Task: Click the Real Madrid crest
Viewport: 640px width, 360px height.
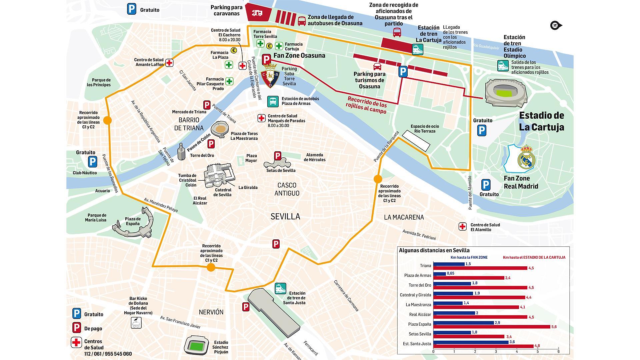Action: (x=526, y=157)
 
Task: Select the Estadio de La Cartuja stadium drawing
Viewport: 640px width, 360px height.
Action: (x=506, y=93)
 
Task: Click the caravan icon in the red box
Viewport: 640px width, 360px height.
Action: (x=257, y=13)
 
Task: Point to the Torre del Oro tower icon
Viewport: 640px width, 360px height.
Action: (x=181, y=152)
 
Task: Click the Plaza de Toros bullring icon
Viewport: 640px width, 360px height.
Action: (x=220, y=129)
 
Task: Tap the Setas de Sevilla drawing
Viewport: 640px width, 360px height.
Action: (x=277, y=164)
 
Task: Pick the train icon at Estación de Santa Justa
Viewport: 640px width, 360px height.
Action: (x=280, y=288)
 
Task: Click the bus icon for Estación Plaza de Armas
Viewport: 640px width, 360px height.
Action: (x=273, y=101)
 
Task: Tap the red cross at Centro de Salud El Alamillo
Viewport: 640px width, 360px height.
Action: (x=462, y=227)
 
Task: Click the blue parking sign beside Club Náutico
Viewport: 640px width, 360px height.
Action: (x=92, y=162)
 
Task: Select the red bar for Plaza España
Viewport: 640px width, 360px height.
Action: (x=492, y=327)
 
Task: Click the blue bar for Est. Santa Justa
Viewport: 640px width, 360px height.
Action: (x=471, y=342)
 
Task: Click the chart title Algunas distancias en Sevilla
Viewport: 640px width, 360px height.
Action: (x=434, y=250)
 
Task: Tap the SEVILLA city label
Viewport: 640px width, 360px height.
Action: (x=285, y=216)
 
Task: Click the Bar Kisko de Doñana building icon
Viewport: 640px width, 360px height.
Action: (x=136, y=322)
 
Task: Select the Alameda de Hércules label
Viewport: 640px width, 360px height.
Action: (x=314, y=157)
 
